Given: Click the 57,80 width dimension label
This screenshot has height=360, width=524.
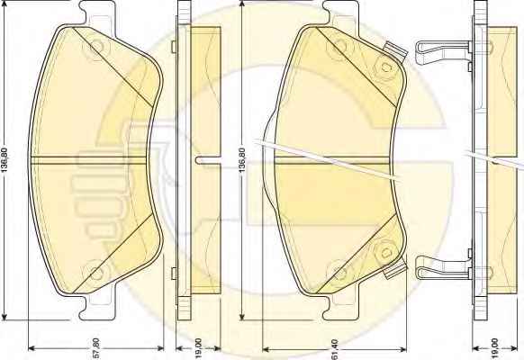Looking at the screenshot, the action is tap(96, 348).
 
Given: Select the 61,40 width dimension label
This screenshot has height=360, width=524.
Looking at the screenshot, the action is tap(335, 348).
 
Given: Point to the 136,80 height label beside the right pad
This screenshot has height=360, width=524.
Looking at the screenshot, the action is tap(242, 160).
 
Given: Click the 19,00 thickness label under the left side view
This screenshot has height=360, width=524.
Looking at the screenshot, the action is tap(198, 347).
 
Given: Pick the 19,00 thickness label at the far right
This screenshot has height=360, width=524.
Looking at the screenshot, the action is tap(494, 347).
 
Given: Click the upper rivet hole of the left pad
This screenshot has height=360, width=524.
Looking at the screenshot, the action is tap(97, 45).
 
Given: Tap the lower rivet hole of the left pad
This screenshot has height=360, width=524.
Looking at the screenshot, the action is tap(96, 274).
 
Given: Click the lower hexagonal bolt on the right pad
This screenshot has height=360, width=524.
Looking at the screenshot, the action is tap(386, 252).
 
